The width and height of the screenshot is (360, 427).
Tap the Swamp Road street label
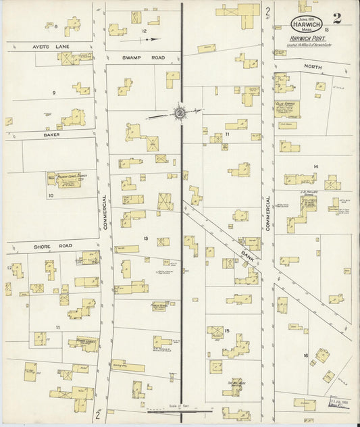tap(139, 59)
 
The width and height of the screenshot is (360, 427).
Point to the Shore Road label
tap(48, 247)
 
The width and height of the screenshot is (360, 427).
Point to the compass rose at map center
tap(180, 114)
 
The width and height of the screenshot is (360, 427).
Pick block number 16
tap(305, 355)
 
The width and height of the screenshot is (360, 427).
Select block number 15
tap(228, 330)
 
